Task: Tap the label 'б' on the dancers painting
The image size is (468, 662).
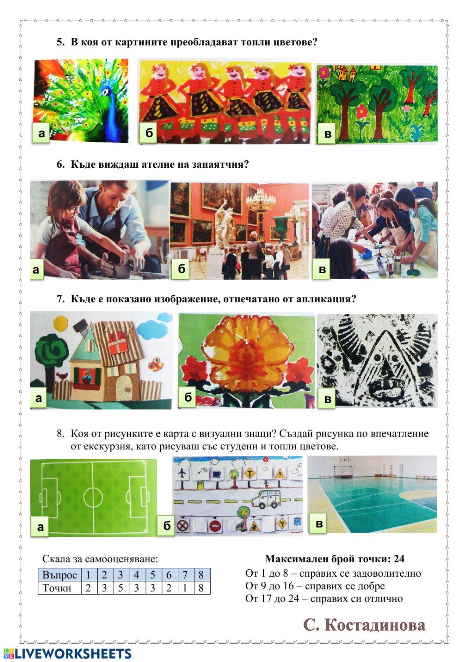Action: (149, 133)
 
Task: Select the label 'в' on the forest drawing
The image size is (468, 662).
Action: (328, 134)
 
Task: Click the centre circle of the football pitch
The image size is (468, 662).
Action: (93, 497)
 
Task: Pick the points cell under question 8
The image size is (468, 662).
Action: (202, 588)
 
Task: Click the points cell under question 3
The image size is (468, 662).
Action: (120, 588)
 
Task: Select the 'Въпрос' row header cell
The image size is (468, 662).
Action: (59, 575)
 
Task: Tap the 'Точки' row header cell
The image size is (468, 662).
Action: (59, 588)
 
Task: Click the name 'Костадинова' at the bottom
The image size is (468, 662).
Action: (375, 625)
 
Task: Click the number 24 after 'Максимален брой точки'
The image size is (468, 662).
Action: (399, 558)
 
